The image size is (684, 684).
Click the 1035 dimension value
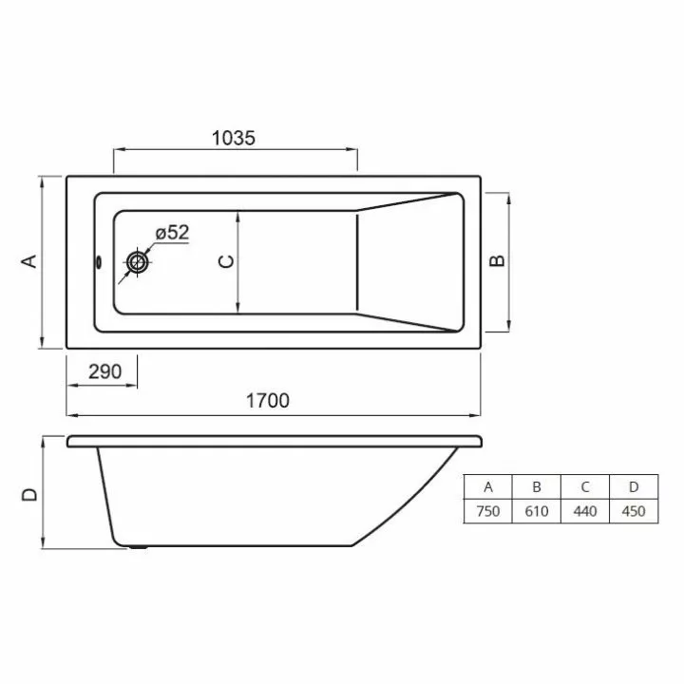click(x=234, y=138)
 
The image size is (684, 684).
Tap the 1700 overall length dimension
click(x=267, y=401)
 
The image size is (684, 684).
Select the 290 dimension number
click(x=104, y=371)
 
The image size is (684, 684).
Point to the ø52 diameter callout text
click(x=172, y=233)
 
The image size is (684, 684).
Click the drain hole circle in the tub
click(x=138, y=262)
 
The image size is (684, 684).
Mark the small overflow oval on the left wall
click(x=99, y=262)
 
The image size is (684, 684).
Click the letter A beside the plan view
click(x=29, y=261)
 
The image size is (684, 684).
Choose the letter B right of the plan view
click(x=497, y=260)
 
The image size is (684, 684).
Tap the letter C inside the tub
click(x=226, y=261)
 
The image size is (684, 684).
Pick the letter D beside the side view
click(x=29, y=494)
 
